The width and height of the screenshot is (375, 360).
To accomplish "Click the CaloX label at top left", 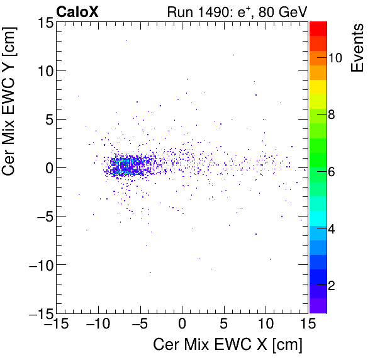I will [x=77, y=11].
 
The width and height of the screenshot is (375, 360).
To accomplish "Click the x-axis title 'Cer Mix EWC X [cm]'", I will [x=228, y=344].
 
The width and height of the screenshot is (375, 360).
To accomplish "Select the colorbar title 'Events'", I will [x=358, y=48].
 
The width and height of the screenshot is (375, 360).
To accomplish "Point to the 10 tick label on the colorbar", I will [x=335, y=58].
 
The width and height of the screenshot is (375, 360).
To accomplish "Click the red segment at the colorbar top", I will [x=318, y=27].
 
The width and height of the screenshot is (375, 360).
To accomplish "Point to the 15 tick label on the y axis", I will [x=42, y=23].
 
